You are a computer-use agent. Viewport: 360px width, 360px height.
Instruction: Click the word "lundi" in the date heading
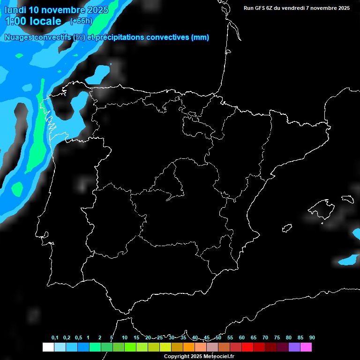pyautogui.click(x=15, y=10)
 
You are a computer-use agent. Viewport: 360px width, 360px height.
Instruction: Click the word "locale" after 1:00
pyautogui.click(x=45, y=21)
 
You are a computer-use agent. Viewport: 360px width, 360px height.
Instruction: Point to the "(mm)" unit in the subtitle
pyautogui.click(x=200, y=37)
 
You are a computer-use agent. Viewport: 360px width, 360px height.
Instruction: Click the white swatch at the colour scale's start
pyautogui.click(x=48, y=347)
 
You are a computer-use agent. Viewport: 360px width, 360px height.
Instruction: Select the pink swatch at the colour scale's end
pyautogui.click(x=306, y=347)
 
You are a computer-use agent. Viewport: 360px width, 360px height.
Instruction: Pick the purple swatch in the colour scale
pyautogui.click(x=294, y=347)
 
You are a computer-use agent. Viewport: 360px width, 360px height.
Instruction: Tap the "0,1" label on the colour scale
pyautogui.click(x=55, y=338)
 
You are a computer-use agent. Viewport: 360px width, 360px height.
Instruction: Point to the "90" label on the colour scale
pyautogui.click(x=312, y=338)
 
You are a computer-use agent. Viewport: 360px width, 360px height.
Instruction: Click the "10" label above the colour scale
pyautogui.click(x=125, y=338)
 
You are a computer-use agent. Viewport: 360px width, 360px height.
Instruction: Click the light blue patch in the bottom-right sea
pyautogui.click(x=348, y=259)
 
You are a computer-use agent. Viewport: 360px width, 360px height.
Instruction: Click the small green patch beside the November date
pyautogui.click(x=19, y=55)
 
